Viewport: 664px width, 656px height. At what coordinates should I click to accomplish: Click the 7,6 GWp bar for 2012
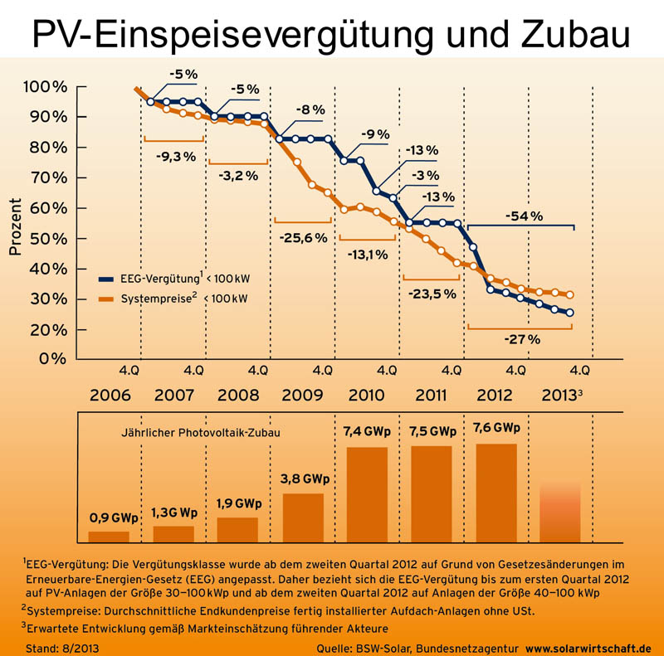(x=496, y=493)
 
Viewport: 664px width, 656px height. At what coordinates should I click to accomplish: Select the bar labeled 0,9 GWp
(x=109, y=536)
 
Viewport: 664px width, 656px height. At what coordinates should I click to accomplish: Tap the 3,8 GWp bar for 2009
(x=303, y=518)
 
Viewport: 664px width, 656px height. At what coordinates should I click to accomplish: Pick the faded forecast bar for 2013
(x=560, y=513)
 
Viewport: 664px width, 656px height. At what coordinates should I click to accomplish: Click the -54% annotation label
(x=523, y=216)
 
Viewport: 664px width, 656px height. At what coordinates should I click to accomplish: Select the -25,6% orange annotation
(x=303, y=238)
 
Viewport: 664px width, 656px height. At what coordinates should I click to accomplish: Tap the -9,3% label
(x=175, y=155)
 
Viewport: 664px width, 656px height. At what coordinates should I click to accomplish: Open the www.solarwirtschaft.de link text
(x=588, y=646)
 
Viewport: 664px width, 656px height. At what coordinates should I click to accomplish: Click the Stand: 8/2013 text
(x=60, y=646)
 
